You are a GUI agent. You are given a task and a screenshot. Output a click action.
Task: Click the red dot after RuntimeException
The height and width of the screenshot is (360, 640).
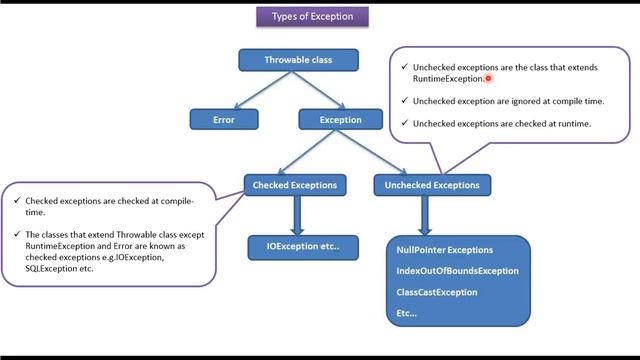click(x=488, y=78)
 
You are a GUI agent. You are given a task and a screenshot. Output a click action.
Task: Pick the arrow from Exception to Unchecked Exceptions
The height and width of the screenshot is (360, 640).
click(x=380, y=152)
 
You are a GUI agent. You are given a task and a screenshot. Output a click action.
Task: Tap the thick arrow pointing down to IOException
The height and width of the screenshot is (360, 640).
click(x=296, y=215)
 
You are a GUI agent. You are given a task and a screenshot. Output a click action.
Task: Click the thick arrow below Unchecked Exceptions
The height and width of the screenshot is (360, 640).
click(x=425, y=215)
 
